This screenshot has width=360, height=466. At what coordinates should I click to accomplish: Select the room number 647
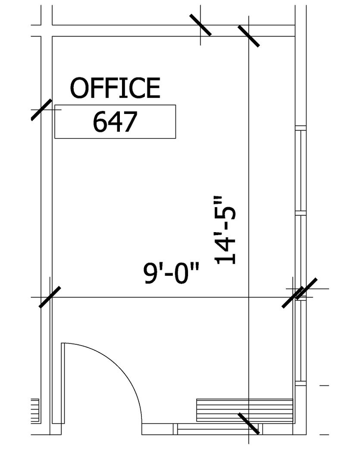[115, 122]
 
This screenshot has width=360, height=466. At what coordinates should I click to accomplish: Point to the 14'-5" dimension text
[225, 230]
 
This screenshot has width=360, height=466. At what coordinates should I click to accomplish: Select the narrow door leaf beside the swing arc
[63, 383]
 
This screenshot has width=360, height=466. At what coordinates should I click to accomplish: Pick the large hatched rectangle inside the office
[245, 410]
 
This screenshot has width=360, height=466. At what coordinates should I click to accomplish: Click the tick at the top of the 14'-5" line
[249, 36]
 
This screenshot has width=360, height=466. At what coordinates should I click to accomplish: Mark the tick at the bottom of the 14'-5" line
[249, 423]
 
